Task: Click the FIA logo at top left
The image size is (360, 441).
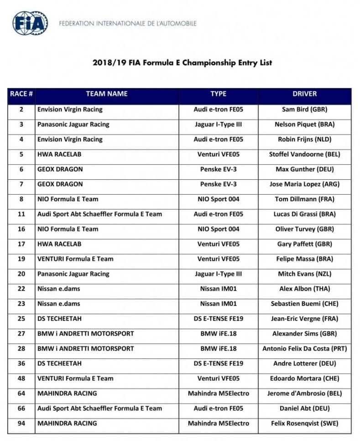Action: [x=30, y=23]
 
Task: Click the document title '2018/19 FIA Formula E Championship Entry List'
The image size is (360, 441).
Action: [x=182, y=62]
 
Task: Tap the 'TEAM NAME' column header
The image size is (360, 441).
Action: [x=106, y=94]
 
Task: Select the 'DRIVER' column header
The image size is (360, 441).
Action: [x=304, y=94]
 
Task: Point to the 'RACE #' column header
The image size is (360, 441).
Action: [x=21, y=94]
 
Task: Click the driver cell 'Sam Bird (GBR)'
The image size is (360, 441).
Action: [x=304, y=109]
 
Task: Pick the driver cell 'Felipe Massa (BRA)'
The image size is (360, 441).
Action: [x=304, y=259]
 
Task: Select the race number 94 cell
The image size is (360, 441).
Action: [x=21, y=423]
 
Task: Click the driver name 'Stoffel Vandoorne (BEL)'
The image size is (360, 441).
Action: [x=304, y=154]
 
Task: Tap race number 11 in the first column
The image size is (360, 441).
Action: [x=21, y=214]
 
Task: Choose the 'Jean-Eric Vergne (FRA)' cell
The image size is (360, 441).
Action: [x=304, y=319]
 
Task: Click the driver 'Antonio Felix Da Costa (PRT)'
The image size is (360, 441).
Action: [x=304, y=348]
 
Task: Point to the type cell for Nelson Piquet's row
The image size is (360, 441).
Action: [x=218, y=125]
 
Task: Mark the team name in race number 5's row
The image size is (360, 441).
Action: [x=59, y=154]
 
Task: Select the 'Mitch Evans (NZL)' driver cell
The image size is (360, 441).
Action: [x=304, y=274]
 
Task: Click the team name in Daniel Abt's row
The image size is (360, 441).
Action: [x=99, y=408]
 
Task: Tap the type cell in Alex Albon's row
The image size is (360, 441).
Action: [x=218, y=289]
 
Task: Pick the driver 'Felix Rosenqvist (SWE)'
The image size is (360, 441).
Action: [x=304, y=423]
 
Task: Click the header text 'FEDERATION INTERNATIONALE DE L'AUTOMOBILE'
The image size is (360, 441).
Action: [x=128, y=23]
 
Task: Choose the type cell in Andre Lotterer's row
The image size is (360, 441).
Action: [x=218, y=363]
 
